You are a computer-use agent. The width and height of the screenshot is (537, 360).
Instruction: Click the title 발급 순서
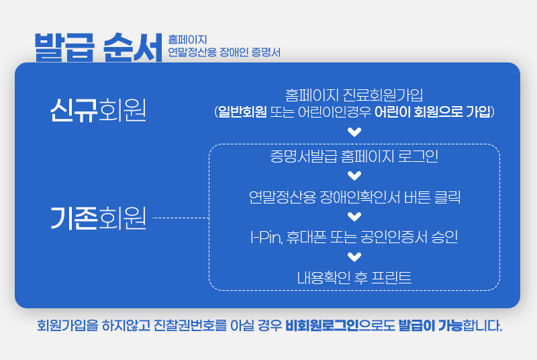99,46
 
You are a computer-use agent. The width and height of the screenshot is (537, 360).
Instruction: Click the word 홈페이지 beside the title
188,40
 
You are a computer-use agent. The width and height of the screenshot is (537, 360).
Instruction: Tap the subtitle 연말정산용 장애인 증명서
224,52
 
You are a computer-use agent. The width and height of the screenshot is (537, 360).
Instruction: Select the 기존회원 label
98,218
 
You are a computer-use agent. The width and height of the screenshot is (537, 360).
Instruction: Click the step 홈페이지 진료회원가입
354,95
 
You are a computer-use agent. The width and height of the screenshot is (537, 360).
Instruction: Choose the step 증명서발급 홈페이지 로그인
354,157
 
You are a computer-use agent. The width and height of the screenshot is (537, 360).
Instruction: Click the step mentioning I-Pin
354,236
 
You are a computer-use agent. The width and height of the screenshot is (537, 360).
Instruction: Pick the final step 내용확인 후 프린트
354,276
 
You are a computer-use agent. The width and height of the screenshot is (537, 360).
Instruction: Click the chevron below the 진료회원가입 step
354,132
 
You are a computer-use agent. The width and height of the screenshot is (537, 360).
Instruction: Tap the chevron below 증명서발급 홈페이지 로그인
354,177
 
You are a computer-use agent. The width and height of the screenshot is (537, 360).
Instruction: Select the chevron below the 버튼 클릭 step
354,216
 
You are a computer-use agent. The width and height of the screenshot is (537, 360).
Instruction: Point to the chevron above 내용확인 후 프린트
354,256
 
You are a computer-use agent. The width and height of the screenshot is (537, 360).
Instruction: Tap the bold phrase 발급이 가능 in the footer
430,326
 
